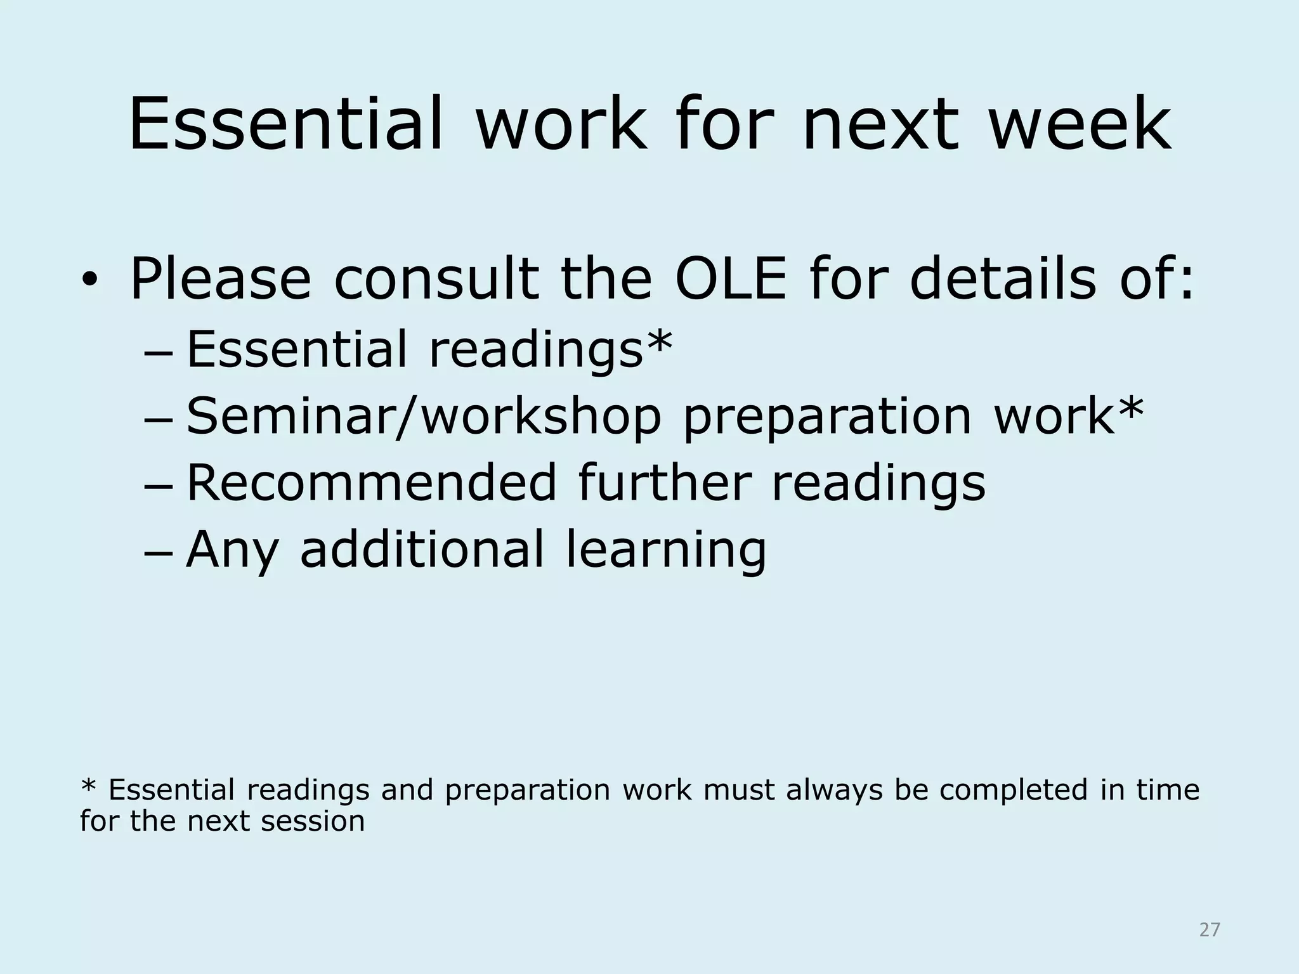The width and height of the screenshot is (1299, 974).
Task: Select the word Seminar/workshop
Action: (424, 417)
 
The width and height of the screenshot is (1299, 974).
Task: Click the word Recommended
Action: (372, 483)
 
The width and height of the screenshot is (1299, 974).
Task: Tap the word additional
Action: (422, 549)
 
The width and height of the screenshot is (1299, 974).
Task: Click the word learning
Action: (666, 550)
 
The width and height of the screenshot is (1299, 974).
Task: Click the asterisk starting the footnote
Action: (88, 788)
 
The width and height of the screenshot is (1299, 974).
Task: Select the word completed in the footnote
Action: (1014, 790)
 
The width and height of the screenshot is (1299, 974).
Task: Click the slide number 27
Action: (1210, 930)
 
